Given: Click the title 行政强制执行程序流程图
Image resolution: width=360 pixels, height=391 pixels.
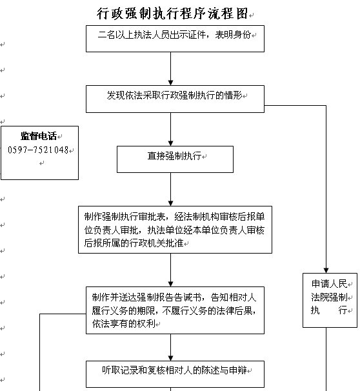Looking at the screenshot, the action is tap(172, 13).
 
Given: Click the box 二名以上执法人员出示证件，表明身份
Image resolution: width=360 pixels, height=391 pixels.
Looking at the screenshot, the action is tap(175, 39).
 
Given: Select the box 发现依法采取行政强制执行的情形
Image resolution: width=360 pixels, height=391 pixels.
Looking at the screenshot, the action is tap(175, 99).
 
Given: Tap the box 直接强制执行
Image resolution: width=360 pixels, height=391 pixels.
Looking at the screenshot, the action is tap(175, 159).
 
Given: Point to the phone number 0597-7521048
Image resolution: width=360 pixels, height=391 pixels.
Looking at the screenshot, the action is tap(38, 150).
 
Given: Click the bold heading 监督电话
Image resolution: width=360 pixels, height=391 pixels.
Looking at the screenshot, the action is tap(39, 136).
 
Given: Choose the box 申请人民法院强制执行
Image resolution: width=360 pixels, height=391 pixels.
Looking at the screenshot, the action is tap(330, 300).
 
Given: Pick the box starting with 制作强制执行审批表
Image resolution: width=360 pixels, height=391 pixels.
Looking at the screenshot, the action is tap(175, 230).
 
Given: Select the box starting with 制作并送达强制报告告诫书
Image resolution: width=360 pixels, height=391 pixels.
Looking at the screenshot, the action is tap(175, 310).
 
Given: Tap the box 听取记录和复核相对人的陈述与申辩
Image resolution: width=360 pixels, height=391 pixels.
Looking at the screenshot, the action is tap(175, 374).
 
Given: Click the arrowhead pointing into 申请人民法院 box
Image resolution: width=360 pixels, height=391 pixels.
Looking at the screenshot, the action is tap(326, 270).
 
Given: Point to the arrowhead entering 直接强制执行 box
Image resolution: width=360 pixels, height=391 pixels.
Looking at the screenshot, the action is tap(171, 143).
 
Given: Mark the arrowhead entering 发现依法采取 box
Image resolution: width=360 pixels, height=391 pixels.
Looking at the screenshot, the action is tap(171, 83).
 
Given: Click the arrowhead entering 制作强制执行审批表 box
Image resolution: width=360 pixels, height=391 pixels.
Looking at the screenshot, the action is tap(171, 203).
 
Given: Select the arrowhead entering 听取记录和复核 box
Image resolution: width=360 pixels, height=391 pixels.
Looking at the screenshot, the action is tap(171, 358).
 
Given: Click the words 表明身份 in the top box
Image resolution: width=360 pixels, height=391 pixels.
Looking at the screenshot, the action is tap(233, 35).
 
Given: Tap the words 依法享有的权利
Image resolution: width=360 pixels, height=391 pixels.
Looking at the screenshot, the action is tap(124, 324).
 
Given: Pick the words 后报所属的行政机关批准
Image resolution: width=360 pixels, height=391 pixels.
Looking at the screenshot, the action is tap(134, 243).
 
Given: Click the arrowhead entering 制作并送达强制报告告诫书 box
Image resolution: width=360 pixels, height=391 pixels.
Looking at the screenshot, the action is tap(171, 284).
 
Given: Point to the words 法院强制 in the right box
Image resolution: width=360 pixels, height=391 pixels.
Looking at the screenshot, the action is tap(329, 297).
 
